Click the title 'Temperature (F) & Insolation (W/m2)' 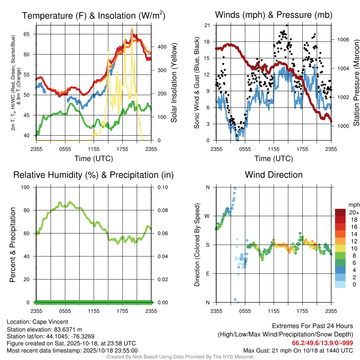pyautogui.click(x=94, y=15)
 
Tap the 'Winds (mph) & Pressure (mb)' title pyautogui.click(x=274, y=15)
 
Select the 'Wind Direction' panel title pyautogui.click(x=274, y=175)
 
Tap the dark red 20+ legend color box pyautogui.click(x=341, y=212)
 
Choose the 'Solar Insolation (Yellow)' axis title pyautogui.click(x=174, y=83)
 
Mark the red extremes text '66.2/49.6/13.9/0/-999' pyautogui.click(x=322, y=343)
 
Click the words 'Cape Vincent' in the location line pyautogui.click(x=50, y=322)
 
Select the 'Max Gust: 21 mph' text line pyautogui.click(x=298, y=351)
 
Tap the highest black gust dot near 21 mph pyautogui.click(x=287, y=25)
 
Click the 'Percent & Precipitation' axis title pyautogui.click(x=13, y=245)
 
